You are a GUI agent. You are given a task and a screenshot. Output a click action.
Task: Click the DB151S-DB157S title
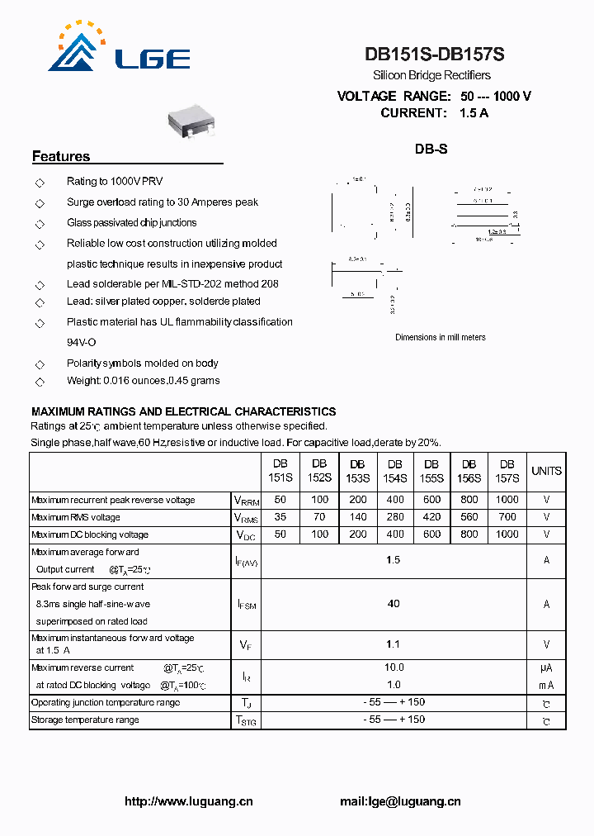[434, 55]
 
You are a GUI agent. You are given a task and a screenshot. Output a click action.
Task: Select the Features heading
[61, 156]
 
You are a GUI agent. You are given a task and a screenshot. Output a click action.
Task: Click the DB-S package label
[431, 150]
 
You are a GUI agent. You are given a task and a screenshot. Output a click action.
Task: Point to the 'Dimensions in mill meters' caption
[440, 337]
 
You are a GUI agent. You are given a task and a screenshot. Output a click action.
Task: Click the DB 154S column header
[395, 471]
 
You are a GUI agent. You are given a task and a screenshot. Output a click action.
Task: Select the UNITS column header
[546, 471]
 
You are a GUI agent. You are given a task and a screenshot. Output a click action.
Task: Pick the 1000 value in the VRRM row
[507, 500]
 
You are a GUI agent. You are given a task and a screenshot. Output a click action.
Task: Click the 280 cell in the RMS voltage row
[395, 517]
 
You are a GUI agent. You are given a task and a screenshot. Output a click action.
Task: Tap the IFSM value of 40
[394, 604]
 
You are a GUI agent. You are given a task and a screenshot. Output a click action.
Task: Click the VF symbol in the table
[245, 644]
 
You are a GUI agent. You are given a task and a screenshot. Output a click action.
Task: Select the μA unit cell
[546, 667]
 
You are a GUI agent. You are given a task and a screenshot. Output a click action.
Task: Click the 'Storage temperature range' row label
[85, 720]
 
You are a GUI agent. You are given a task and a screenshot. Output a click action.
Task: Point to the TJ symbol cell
[245, 703]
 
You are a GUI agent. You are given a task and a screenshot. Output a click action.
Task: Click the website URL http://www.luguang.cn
[189, 801]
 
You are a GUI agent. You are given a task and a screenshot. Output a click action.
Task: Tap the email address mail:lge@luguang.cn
[400, 801]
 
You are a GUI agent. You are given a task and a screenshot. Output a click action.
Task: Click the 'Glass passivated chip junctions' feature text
[132, 222]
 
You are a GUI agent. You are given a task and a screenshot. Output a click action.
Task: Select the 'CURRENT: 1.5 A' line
[434, 113]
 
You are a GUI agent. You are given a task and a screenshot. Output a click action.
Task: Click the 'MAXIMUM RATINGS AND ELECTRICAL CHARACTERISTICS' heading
[183, 411]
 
